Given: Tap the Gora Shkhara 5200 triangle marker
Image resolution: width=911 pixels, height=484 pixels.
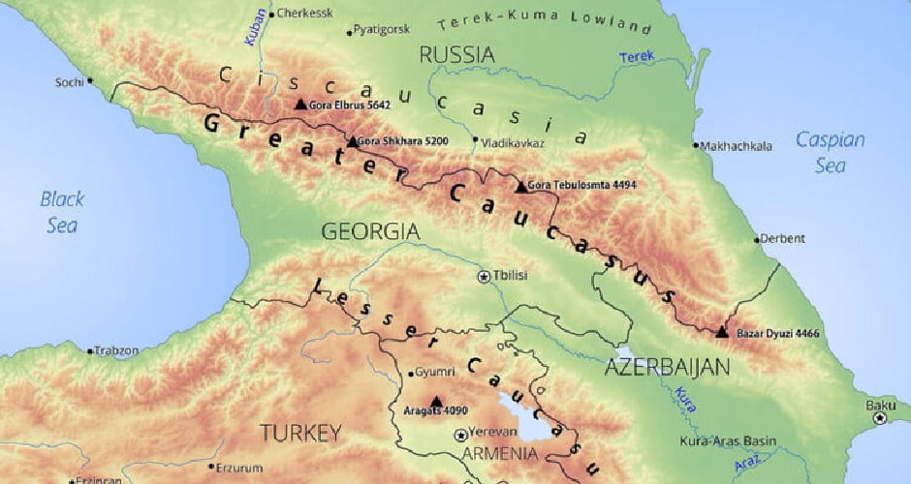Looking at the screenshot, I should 352,141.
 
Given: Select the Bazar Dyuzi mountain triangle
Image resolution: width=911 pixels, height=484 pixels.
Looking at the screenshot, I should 722,332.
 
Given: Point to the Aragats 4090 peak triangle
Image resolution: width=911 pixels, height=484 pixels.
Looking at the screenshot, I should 435,400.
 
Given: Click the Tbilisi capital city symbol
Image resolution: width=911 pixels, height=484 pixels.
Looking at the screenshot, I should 484,276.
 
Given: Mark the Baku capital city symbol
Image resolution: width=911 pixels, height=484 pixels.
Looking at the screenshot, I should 880,419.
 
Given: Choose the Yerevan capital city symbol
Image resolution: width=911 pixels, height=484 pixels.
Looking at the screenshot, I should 459,436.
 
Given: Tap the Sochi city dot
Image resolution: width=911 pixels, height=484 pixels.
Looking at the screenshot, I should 90,81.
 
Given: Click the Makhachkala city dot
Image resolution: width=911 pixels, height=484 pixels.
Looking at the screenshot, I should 696,146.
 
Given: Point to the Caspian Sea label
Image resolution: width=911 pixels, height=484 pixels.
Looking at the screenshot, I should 830,152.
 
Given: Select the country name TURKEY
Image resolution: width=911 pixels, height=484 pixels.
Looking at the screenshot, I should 300,431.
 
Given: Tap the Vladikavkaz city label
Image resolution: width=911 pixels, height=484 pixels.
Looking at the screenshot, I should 512,143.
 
